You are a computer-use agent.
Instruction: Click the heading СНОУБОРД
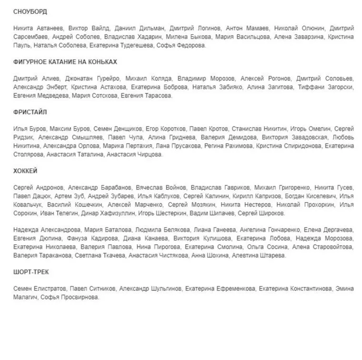pyautogui.click(x=30, y=11)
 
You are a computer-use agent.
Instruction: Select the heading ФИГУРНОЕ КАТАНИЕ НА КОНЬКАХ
pyautogui.click(x=65, y=62)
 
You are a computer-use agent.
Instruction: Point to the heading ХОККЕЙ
pyautogui.click(x=25, y=171)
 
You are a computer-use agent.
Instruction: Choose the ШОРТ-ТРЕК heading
pyautogui.click(x=31, y=272)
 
